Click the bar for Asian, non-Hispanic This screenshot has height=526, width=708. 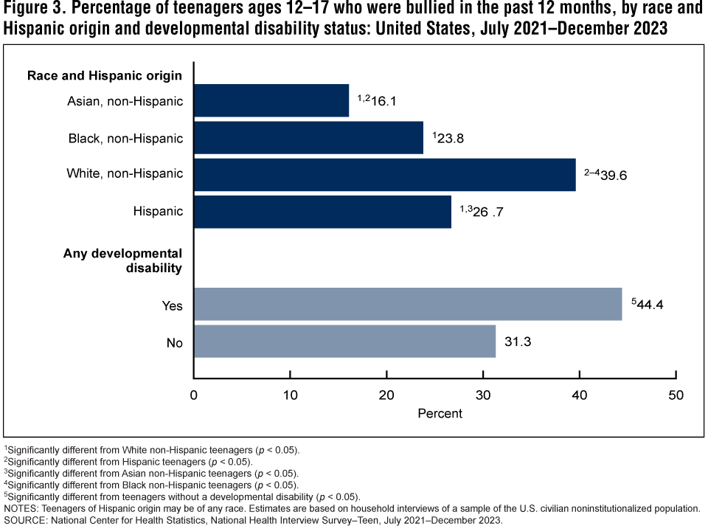click(271, 100)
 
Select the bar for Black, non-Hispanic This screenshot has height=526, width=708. click(308, 138)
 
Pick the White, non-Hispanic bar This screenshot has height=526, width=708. click(384, 175)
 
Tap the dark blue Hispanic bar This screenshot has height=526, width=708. click(322, 212)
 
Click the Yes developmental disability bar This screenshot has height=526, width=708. click(408, 304)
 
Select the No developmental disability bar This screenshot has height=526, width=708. click(344, 341)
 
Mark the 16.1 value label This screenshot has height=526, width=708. click(382, 100)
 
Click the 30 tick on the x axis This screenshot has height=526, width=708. click(483, 395)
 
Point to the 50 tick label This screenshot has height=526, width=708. click(676, 395)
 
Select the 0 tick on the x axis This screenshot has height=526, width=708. click(194, 395)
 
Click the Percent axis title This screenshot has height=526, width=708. click(440, 413)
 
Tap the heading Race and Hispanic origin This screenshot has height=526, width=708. click(105, 75)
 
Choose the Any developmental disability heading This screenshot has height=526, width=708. click(122, 261)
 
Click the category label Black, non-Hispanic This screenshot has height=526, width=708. click(125, 138)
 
